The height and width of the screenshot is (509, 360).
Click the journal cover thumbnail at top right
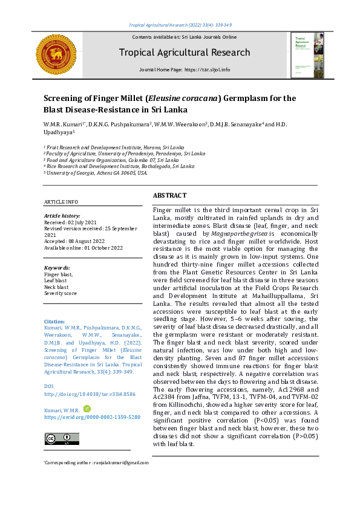[x=307, y=54]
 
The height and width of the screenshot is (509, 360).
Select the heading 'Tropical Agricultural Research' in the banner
[x=184, y=53]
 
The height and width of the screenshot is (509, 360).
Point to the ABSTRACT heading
[x=170, y=196]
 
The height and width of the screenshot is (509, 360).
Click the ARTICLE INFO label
[x=61, y=202]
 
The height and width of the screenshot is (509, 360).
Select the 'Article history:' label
[x=62, y=216]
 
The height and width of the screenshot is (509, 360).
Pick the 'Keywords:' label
[x=57, y=267]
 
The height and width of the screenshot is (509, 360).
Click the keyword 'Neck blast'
[x=57, y=287]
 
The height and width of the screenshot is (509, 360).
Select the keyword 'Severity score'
[x=61, y=293]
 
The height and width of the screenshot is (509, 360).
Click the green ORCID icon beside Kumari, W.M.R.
[x=87, y=409]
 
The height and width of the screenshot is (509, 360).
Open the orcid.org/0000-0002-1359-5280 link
[x=93, y=417]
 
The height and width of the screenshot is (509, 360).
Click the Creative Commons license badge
[x=58, y=438]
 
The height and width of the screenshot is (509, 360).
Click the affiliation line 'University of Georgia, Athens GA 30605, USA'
[x=97, y=172]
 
